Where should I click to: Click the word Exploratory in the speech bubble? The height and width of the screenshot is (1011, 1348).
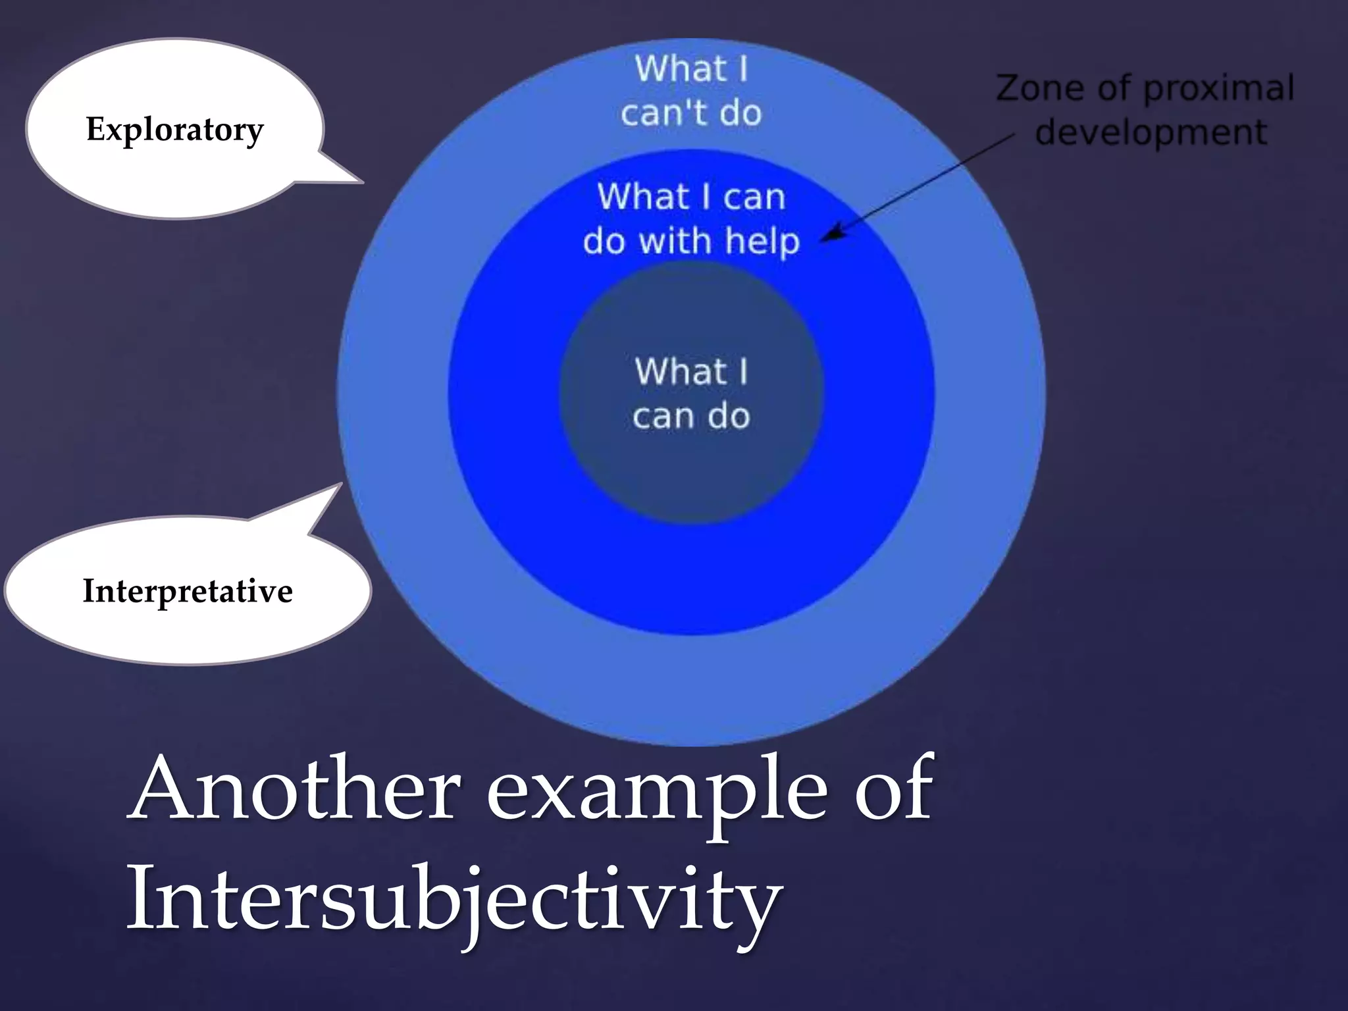click(x=174, y=130)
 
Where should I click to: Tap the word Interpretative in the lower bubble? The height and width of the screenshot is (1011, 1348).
click(x=188, y=590)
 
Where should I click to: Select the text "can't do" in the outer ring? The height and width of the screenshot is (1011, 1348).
click(x=691, y=113)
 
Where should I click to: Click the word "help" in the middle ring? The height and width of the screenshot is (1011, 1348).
click(x=762, y=242)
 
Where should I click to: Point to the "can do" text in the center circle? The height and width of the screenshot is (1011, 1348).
click(x=691, y=417)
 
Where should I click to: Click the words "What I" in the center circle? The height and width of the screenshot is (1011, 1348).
click(x=691, y=371)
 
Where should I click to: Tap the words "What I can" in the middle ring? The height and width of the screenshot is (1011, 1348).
click(x=691, y=197)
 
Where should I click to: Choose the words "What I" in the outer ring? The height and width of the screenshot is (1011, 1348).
click(x=691, y=69)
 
